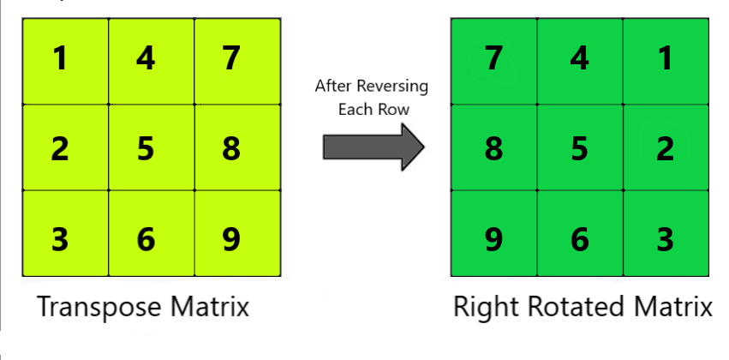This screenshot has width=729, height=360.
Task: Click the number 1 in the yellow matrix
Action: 60,59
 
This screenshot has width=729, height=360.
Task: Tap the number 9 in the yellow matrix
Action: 230,238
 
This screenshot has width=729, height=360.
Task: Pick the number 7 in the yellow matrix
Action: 230,59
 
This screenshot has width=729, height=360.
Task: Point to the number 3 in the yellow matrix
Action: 60,238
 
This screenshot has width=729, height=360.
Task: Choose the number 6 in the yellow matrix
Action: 146,238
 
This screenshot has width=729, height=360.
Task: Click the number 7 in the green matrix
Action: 493,59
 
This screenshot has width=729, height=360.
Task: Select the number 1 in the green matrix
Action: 665,59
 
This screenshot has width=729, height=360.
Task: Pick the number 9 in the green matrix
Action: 493,238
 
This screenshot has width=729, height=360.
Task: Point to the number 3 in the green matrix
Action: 665,238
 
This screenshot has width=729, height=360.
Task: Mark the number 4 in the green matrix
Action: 579,59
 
